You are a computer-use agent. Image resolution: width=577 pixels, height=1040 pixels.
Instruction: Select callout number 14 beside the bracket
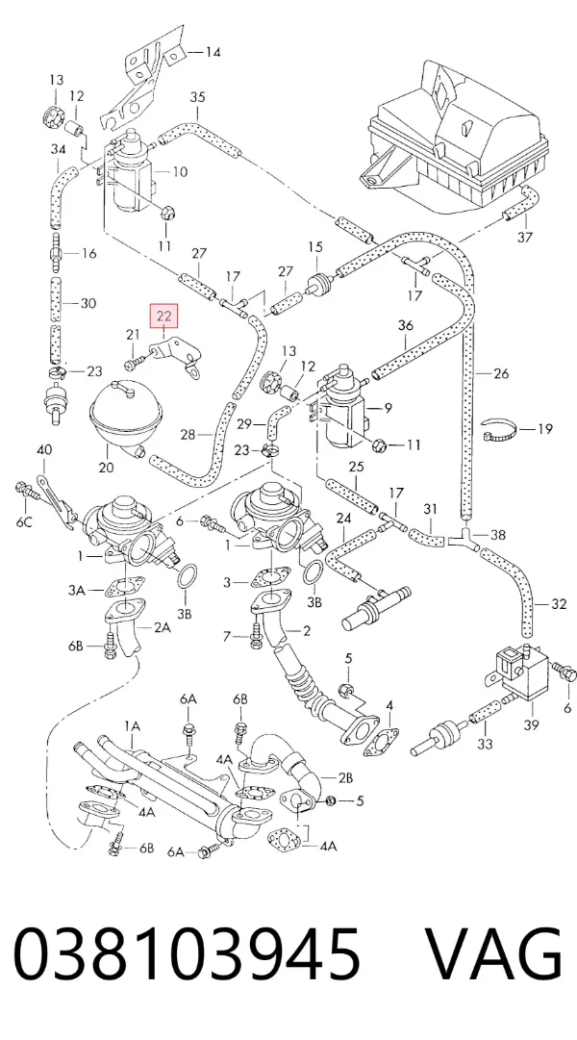213,52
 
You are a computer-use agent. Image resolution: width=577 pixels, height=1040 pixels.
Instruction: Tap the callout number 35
198,97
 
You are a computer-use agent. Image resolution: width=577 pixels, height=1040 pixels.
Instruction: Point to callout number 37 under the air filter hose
525,237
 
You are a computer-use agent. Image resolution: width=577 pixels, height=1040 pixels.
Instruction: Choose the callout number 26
501,373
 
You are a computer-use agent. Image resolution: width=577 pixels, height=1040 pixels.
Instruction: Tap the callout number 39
531,725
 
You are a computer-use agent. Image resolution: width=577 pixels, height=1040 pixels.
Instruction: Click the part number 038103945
187,956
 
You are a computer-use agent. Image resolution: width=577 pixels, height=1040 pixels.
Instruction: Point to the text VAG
493,955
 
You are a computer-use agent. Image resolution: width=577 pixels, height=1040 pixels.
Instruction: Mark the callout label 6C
24,522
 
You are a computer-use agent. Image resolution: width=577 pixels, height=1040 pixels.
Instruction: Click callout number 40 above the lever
44,450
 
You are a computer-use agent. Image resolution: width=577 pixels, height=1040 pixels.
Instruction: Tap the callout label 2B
345,776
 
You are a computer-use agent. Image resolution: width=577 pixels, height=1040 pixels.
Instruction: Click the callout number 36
405,325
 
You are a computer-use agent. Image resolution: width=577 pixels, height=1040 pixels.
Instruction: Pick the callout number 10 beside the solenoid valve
179,172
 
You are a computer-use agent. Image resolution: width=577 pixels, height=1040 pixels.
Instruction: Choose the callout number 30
88,303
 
